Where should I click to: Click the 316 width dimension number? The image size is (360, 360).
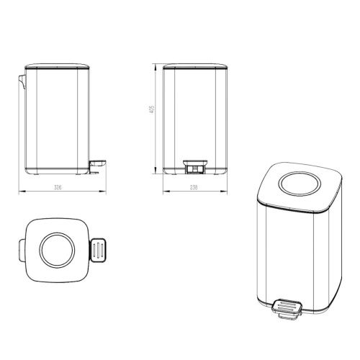tap(58, 188)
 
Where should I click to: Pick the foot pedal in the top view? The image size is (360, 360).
tap(100, 250)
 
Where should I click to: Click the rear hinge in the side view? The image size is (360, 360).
tap(23, 80)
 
